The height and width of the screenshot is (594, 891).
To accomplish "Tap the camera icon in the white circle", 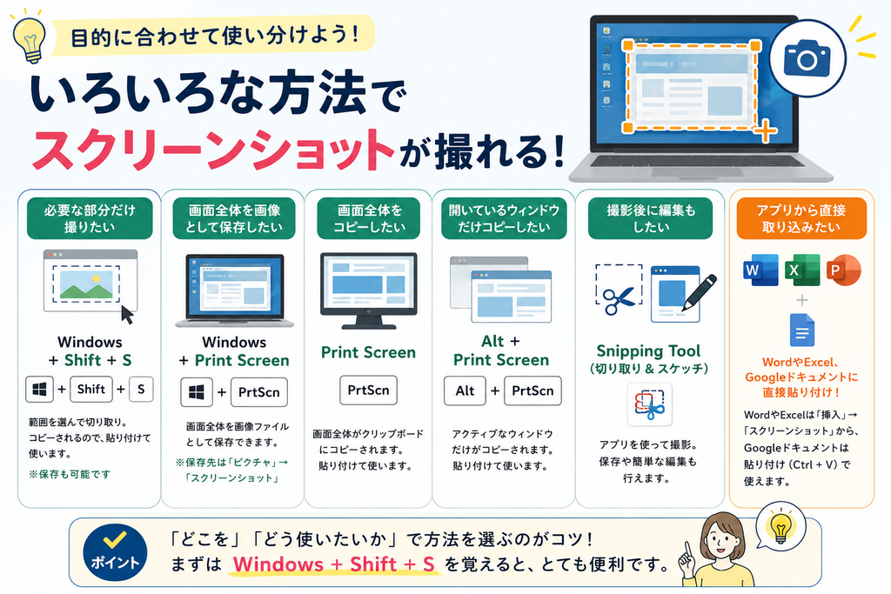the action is click(807, 57).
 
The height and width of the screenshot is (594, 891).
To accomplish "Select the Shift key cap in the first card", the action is click(90, 389).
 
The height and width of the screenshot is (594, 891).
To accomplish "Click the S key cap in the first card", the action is click(141, 389).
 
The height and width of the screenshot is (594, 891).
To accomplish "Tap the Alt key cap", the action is click(465, 390).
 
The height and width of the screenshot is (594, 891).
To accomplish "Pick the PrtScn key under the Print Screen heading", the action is click(368, 390).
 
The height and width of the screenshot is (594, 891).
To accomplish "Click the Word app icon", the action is click(760, 270).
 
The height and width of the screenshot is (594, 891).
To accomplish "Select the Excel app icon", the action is click(801, 270).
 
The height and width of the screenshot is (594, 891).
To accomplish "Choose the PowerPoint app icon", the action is click(843, 270).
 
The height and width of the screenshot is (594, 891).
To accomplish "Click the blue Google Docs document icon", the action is click(801, 330).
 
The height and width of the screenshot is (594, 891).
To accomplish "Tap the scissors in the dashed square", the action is click(619, 300).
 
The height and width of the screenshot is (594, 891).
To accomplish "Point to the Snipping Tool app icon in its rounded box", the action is click(649, 404).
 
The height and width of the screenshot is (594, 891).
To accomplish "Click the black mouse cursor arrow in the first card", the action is click(127, 315).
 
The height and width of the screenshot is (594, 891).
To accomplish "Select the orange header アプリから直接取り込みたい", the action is click(801, 218).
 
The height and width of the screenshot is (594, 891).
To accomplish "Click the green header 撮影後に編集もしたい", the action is click(650, 218).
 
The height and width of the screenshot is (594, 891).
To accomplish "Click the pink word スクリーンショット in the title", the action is click(214, 150).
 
